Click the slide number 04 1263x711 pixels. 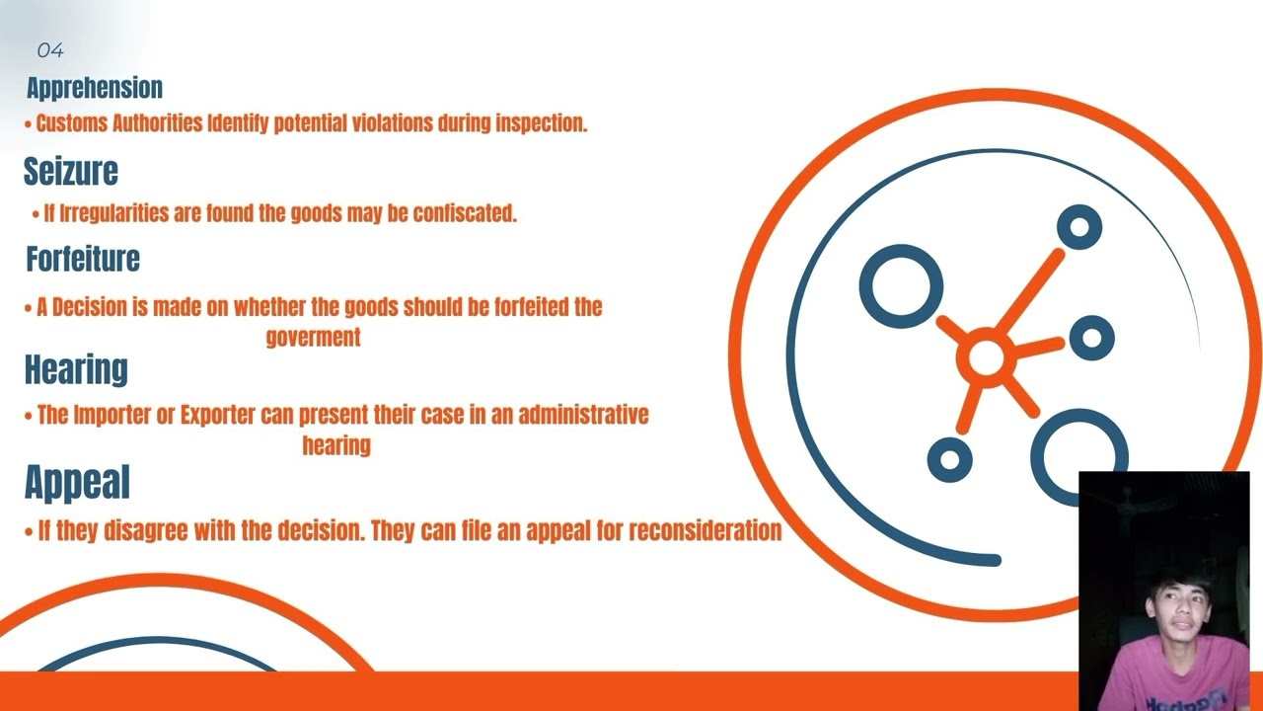(x=50, y=49)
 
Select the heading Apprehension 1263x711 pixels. (x=95, y=88)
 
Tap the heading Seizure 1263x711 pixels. (x=71, y=172)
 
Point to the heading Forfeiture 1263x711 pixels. (x=83, y=259)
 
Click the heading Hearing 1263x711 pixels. (x=76, y=369)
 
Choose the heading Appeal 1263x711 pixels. (x=77, y=482)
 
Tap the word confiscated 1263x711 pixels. (x=465, y=213)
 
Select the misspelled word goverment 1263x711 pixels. (x=313, y=337)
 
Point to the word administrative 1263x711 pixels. (x=583, y=415)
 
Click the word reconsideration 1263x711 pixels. (x=705, y=530)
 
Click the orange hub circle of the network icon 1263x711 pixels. (x=986, y=358)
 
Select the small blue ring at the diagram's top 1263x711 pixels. (x=1079, y=228)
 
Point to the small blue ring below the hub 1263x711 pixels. (x=950, y=459)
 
